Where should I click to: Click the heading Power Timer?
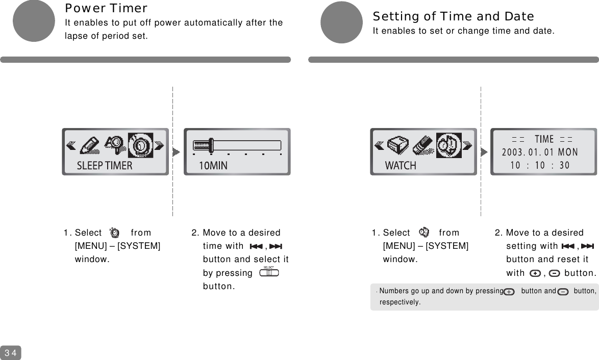(106, 9)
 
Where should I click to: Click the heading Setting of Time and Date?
(453, 17)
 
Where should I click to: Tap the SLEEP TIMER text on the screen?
(105, 166)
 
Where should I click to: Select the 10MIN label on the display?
(213, 166)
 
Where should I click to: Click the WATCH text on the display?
(401, 166)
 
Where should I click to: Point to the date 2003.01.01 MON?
(540, 152)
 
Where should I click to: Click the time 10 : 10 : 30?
(540, 165)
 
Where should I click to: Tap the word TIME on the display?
(544, 139)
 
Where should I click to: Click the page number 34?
(11, 353)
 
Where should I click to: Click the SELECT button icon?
(269, 272)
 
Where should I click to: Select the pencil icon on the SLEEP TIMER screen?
(90, 145)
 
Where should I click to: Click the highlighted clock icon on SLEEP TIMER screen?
(140, 145)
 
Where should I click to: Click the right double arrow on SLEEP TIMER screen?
(159, 146)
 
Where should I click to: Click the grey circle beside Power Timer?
(34, 21)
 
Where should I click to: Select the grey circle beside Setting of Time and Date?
(341, 22)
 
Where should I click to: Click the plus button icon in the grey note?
(509, 292)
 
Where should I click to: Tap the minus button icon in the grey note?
(563, 292)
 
